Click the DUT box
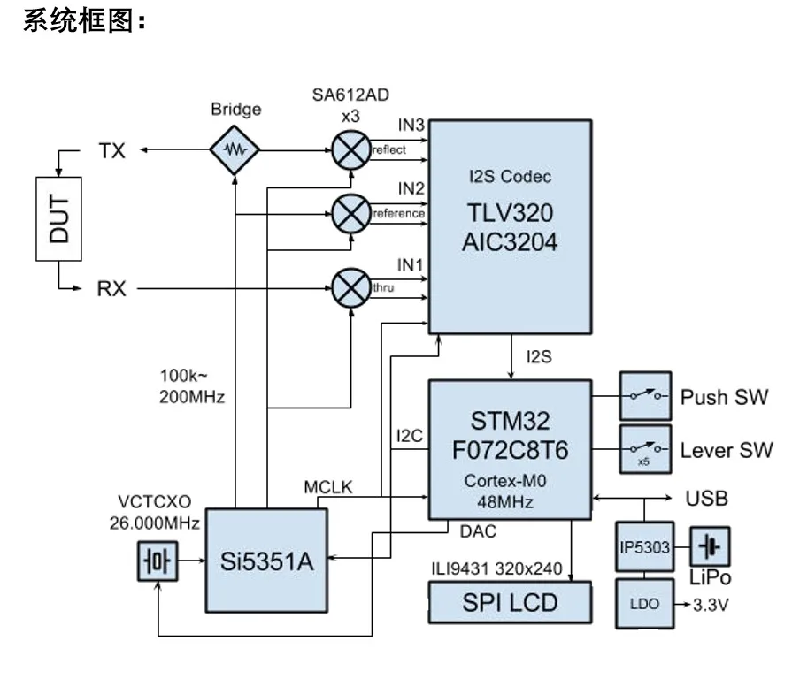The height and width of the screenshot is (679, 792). [x=58, y=218]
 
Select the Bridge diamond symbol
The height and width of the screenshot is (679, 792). [x=235, y=150]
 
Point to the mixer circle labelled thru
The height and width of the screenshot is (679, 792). [x=350, y=287]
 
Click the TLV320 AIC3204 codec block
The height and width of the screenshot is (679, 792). [x=509, y=226]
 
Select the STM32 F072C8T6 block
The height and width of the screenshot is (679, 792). [x=509, y=449]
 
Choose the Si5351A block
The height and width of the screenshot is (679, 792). [x=266, y=560]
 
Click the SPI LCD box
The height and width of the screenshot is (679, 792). [x=509, y=602]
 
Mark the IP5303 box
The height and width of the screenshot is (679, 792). [x=643, y=547]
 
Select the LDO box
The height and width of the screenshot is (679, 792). [x=643, y=604]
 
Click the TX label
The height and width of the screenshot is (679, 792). [x=111, y=151]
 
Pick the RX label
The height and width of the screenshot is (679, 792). [x=111, y=288]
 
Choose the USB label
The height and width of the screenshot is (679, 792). [x=706, y=498]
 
